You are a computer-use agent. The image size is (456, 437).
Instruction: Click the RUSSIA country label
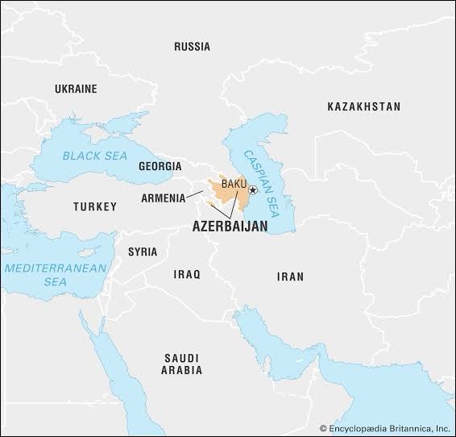(192, 47)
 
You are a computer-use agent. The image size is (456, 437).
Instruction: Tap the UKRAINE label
(75, 89)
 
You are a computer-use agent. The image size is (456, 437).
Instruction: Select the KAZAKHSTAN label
(363, 106)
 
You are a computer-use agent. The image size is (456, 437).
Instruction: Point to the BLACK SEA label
(95, 155)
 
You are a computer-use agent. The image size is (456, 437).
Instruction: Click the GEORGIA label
(160, 166)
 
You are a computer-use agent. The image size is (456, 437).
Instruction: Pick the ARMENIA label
(162, 198)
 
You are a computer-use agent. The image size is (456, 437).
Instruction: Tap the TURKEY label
(95, 207)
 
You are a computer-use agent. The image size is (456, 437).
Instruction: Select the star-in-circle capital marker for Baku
(253, 190)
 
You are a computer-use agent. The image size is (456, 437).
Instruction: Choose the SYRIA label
(143, 252)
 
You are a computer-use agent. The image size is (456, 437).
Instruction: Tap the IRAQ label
(185, 275)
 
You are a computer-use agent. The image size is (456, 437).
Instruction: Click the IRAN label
(290, 277)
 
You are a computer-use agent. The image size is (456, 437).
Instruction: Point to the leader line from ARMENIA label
(197, 194)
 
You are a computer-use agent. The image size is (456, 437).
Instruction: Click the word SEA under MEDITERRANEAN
(54, 282)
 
